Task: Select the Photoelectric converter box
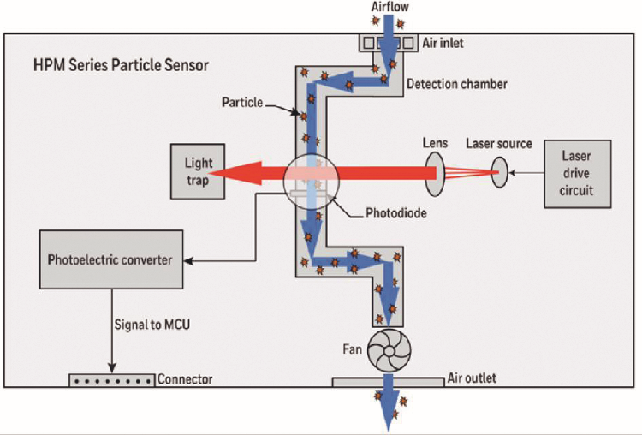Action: [110, 259]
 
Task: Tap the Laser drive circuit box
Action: [578, 175]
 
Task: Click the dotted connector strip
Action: [111, 378]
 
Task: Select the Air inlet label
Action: [445, 42]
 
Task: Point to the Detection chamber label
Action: [456, 84]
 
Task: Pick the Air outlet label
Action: [471, 378]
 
